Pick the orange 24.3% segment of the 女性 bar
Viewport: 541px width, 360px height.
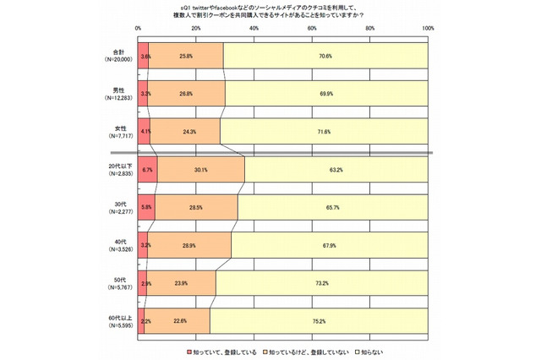click(x=185, y=131)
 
